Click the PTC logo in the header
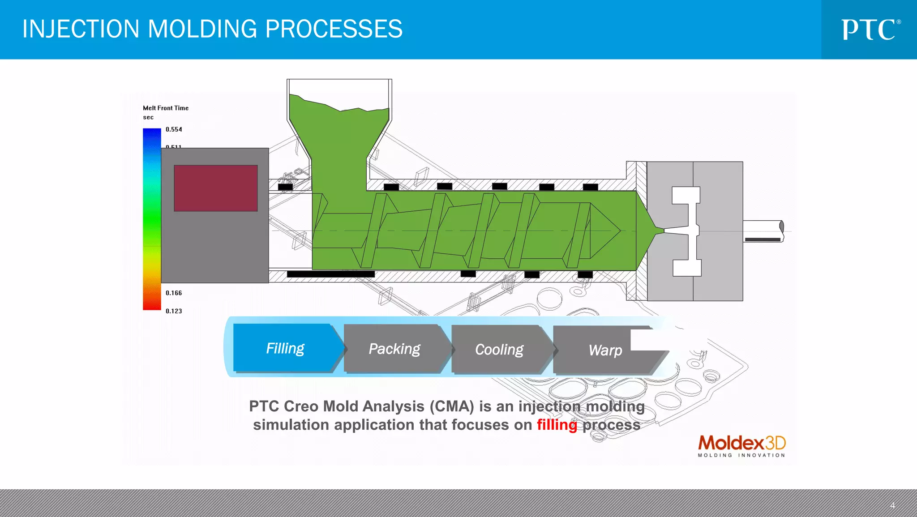pyautogui.click(x=870, y=30)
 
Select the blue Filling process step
pyautogui.click(x=285, y=348)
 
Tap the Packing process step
pyautogui.click(x=394, y=349)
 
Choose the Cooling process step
pyautogui.click(x=499, y=350)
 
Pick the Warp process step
pyautogui.click(x=605, y=350)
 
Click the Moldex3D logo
pyautogui.click(x=741, y=446)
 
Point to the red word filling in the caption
pyautogui.click(x=557, y=424)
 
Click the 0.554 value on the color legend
pyautogui.click(x=174, y=129)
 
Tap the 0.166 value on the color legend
pyautogui.click(x=174, y=293)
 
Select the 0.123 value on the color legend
pyautogui.click(x=174, y=311)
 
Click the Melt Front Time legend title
pyautogui.click(x=166, y=108)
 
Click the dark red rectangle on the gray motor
pyautogui.click(x=215, y=188)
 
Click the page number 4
pyautogui.click(x=892, y=505)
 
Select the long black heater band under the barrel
pyautogui.click(x=330, y=274)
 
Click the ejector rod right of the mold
pyautogui.click(x=763, y=231)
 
